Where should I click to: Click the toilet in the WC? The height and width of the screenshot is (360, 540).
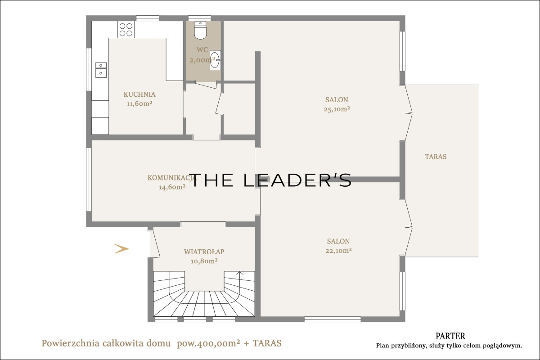click(x=201, y=30)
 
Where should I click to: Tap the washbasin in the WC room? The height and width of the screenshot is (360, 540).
click(x=215, y=60)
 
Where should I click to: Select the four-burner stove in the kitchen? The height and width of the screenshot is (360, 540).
click(x=126, y=29)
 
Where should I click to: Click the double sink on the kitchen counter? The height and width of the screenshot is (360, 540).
click(x=101, y=70)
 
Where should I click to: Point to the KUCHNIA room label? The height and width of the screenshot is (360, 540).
click(x=139, y=94)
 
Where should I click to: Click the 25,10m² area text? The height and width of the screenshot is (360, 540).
click(x=337, y=109)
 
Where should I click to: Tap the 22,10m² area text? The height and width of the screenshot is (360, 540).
click(x=338, y=251)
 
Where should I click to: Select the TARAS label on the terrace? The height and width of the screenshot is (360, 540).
click(x=436, y=157)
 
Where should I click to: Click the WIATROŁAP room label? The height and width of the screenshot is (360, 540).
click(x=204, y=252)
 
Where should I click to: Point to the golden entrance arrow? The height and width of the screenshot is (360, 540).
click(x=121, y=248)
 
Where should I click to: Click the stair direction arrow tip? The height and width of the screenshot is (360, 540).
click(x=239, y=272)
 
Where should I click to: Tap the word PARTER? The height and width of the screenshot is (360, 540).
click(x=450, y=336)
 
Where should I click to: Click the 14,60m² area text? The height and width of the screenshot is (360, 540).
click(x=172, y=187)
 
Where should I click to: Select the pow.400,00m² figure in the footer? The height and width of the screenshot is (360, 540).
click(x=208, y=343)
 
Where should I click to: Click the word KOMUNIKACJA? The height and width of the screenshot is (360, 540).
click(x=172, y=178)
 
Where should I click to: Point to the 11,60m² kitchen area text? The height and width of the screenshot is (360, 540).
click(x=139, y=103)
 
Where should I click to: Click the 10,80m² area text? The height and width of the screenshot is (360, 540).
click(x=204, y=261)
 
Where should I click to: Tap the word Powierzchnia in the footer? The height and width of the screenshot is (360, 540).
click(x=70, y=343)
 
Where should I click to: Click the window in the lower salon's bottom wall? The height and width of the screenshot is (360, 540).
click(x=333, y=319)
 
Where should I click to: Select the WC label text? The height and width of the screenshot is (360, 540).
click(x=202, y=50)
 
